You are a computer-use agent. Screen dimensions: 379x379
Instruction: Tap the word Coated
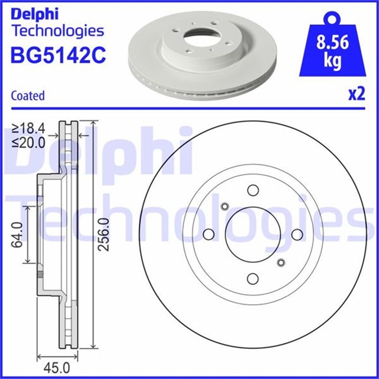(x=28, y=95)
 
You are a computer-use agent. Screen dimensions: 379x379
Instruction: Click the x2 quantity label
(x=356, y=95)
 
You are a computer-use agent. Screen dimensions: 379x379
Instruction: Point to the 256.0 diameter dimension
(x=105, y=235)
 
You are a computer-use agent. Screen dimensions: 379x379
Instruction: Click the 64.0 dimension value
(x=17, y=235)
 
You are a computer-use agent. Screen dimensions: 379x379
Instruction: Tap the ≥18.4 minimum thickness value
(x=29, y=129)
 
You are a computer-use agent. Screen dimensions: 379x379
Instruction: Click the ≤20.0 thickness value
(x=29, y=142)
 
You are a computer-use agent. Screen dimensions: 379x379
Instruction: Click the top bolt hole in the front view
(x=253, y=190)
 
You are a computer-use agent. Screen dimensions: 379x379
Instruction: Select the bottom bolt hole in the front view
(x=253, y=278)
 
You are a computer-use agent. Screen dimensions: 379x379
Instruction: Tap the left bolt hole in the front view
(x=208, y=235)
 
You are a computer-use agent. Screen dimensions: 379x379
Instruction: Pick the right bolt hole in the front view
(x=297, y=235)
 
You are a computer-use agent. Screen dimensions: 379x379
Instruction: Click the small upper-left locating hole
(x=224, y=206)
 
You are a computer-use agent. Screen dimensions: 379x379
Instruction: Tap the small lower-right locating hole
(x=281, y=262)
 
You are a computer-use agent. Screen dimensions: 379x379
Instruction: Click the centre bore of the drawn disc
(x=253, y=235)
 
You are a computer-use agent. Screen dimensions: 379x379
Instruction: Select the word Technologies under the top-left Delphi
(x=57, y=30)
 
